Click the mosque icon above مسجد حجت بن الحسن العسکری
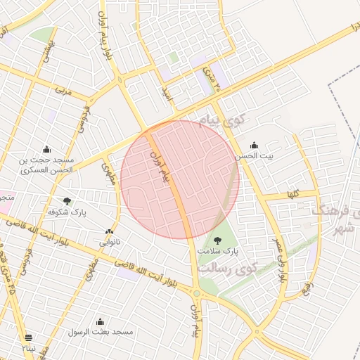coord(46,148)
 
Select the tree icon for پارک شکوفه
coord(67,201)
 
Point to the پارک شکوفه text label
coord(67,212)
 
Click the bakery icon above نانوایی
coord(109,231)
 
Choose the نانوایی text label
coord(108,242)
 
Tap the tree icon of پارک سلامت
coord(217,240)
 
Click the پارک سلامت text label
coord(217,250)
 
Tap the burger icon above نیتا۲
coord(29,337)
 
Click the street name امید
coord(166,92)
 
